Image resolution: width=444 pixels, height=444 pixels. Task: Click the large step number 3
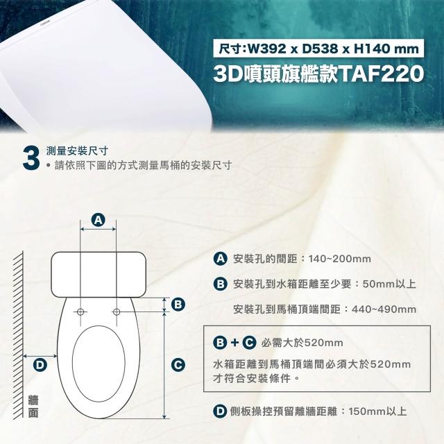point(30,157)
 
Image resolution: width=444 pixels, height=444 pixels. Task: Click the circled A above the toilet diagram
point(99,220)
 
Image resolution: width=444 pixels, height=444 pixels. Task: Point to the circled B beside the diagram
point(178,305)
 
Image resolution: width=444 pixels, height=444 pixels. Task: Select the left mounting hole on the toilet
point(81,310)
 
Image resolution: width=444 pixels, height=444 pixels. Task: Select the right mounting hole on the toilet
point(116,310)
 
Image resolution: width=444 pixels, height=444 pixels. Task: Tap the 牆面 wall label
point(33,407)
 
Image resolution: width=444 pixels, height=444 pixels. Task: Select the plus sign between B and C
point(234,343)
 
